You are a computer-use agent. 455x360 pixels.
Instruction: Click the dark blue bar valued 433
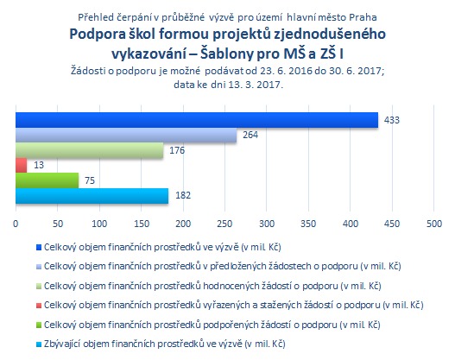click(x=197, y=120)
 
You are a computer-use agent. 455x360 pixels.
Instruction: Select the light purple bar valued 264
click(x=126, y=135)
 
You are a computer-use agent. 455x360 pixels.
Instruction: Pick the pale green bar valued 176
click(x=90, y=150)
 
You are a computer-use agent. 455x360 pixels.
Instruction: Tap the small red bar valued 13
click(x=22, y=166)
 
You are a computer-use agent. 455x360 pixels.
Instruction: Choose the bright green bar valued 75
click(x=47, y=180)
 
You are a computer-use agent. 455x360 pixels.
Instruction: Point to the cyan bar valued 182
click(x=92, y=196)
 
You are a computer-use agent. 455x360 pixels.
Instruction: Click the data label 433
click(x=392, y=120)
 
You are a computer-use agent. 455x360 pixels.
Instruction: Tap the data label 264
click(x=250, y=135)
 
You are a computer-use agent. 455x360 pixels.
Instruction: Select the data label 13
click(x=39, y=165)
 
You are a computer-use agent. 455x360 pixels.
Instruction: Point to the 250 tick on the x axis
click(x=224, y=224)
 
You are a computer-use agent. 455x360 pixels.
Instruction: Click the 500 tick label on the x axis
click(x=434, y=224)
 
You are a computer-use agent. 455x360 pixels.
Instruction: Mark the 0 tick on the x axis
click(x=16, y=224)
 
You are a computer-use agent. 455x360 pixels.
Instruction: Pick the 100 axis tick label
click(x=99, y=224)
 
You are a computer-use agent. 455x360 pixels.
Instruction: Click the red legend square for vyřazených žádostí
click(x=39, y=306)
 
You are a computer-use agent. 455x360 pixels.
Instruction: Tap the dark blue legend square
click(x=39, y=248)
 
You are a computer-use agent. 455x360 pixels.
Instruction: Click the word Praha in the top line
click(x=363, y=17)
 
